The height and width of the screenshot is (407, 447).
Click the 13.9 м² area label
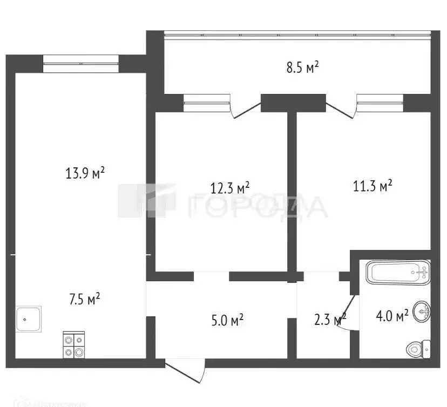pyautogui.click(x=85, y=173)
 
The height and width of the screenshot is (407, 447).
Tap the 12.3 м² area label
pyautogui.click(x=229, y=188)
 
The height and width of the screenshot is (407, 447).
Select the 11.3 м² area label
pyautogui.click(x=372, y=187)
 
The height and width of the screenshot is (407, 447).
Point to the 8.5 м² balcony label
pyautogui.click(x=302, y=67)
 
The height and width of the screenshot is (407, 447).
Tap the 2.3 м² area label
pyautogui.click(x=329, y=321)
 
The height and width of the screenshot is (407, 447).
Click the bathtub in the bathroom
pyautogui.click(x=398, y=273)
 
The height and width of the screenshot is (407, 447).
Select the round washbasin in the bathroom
pyautogui.click(x=422, y=311)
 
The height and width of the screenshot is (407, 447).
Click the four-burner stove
pyautogui.click(x=74, y=345)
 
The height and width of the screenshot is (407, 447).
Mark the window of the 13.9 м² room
pyautogui.click(x=80, y=64)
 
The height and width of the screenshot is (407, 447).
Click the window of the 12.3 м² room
pyautogui.click(x=207, y=103)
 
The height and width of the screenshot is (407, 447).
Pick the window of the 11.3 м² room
pyautogui.click(x=380, y=103)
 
